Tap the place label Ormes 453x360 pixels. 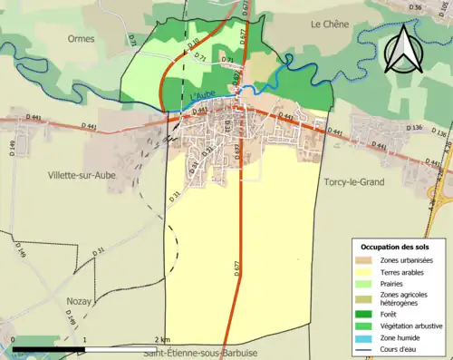[81, 38]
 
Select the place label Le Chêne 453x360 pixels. [329, 24]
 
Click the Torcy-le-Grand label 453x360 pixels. [353, 182]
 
